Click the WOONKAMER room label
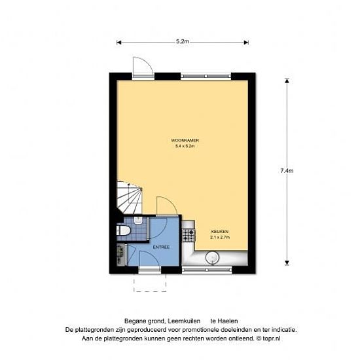click(185, 140)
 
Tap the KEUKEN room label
click(219, 232)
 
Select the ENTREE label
click(161, 247)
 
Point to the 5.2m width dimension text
click(183, 41)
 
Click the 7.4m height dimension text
click(287, 171)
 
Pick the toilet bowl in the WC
click(124, 230)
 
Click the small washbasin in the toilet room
click(139, 220)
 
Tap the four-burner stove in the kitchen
click(189, 236)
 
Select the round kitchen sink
click(212, 258)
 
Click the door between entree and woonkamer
click(167, 206)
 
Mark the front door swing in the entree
click(150, 259)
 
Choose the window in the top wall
click(206, 76)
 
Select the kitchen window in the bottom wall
click(207, 270)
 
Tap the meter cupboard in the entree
click(122, 255)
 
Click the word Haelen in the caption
click(228, 321)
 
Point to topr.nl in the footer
click(272, 338)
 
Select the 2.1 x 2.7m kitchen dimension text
click(220, 238)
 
